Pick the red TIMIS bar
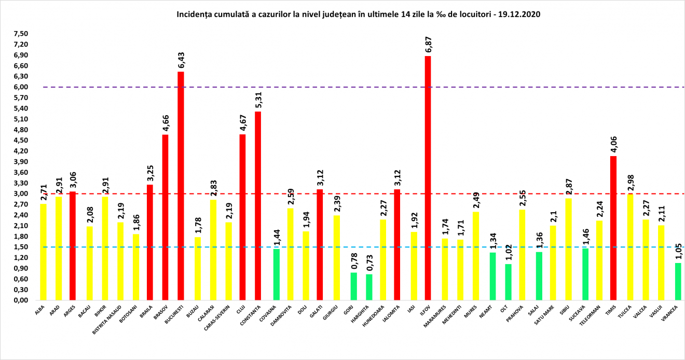coord(613,228)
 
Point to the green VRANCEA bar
coord(678,281)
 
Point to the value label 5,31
coord(258,100)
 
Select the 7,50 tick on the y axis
coord(22,34)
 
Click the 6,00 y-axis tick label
coord(22,87)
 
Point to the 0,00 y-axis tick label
coord(22,300)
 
